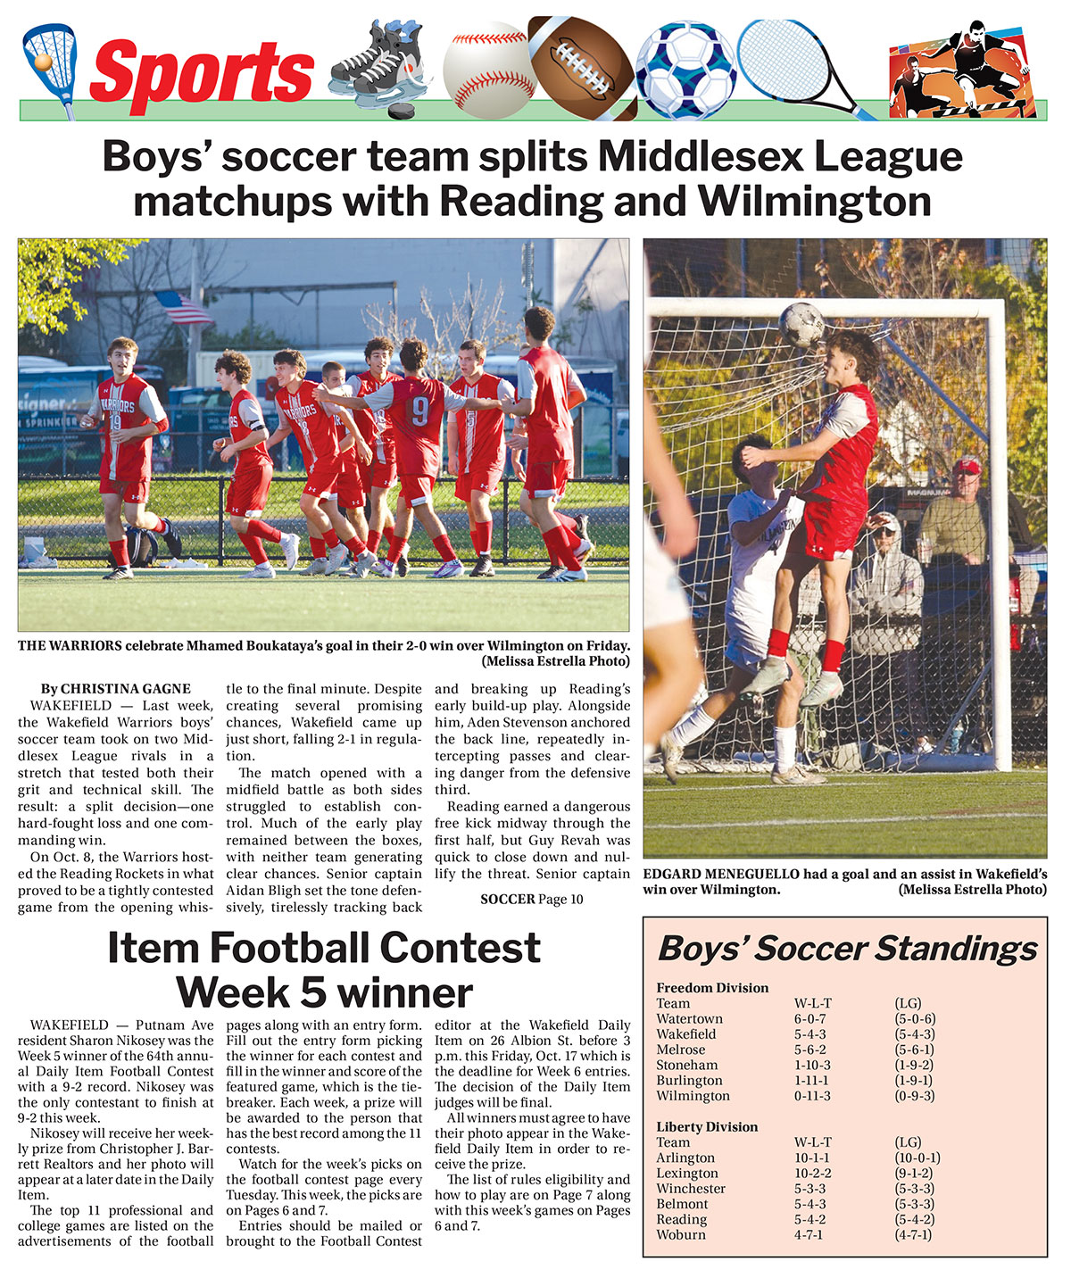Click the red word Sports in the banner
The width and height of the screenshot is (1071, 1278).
[202, 71]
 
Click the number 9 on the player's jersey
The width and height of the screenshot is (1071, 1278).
[419, 411]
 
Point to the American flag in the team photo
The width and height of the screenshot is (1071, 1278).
[183, 308]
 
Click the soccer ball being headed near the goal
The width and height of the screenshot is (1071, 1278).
[801, 323]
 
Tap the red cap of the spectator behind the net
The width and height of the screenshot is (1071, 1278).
[966, 466]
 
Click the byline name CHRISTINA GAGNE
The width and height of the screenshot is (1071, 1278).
[125, 689]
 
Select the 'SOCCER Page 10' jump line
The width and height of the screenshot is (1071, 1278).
[531, 899]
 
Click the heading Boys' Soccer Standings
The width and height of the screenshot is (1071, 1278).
[847, 949]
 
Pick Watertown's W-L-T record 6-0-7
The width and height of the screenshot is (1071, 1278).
[809, 1019]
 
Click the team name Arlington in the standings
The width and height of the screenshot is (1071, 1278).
[685, 1158]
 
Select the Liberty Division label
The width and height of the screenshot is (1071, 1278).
[707, 1126]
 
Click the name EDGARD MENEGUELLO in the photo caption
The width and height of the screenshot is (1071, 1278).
[720, 875]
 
